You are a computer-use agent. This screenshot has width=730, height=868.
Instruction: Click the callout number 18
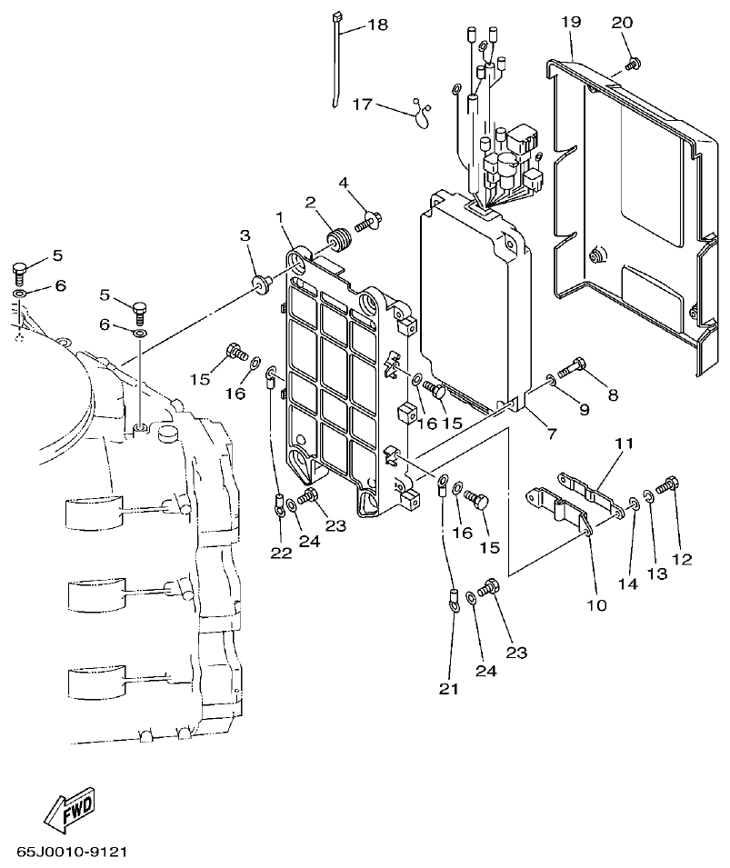click(x=377, y=25)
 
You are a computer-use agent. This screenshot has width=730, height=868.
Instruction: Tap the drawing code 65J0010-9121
click(x=71, y=854)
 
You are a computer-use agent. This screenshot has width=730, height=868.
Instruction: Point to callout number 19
click(x=570, y=20)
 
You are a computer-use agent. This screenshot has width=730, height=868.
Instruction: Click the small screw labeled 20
click(x=634, y=63)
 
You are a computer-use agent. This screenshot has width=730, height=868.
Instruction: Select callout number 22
click(x=281, y=552)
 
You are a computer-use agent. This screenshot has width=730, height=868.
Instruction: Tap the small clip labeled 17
click(x=421, y=111)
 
